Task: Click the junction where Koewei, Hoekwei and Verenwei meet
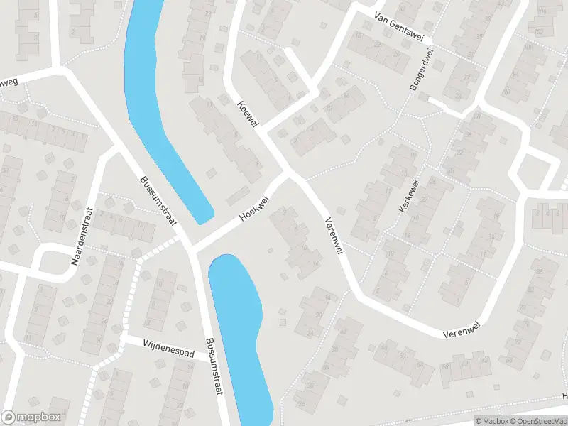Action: (x=289, y=173)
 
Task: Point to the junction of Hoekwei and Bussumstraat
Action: (x=190, y=248)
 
